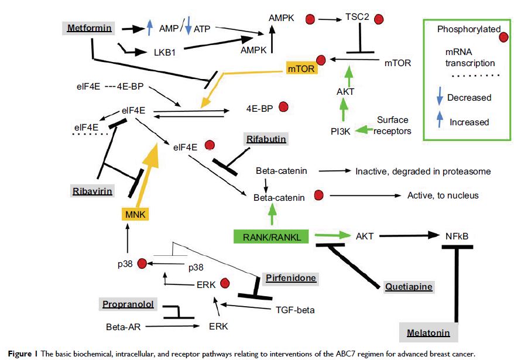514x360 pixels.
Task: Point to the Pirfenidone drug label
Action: (290, 278)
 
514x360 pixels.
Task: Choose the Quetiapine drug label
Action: (409, 286)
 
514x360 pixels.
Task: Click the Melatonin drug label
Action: (429, 333)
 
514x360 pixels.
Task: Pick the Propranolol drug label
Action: (127, 304)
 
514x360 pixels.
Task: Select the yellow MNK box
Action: (133, 215)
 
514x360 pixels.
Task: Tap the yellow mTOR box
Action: (301, 69)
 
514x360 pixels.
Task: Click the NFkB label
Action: (456, 236)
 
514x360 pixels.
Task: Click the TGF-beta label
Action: (295, 310)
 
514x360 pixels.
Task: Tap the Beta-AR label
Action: (122, 326)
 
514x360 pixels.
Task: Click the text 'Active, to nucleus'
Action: (443, 195)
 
